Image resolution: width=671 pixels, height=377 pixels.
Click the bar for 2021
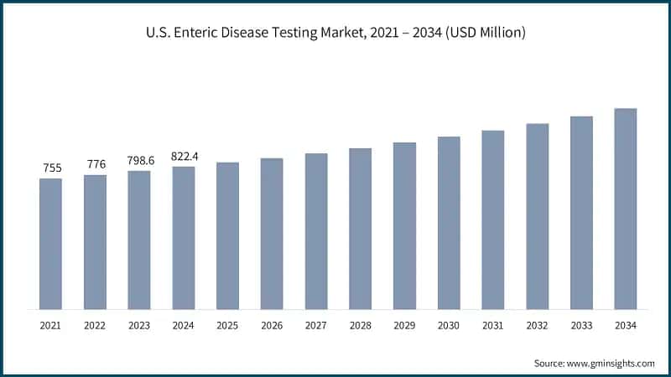click(51, 244)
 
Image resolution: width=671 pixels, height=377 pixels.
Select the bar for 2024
click(184, 238)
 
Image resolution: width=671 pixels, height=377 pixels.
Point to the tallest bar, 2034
click(626, 209)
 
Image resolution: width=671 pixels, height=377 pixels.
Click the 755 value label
click(51, 168)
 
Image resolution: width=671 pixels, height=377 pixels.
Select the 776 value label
click(96, 164)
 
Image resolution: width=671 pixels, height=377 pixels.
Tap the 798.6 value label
click(139, 160)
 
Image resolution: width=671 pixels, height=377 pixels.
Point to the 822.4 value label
click(184, 156)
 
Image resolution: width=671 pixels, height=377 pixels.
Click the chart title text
click(335, 33)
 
